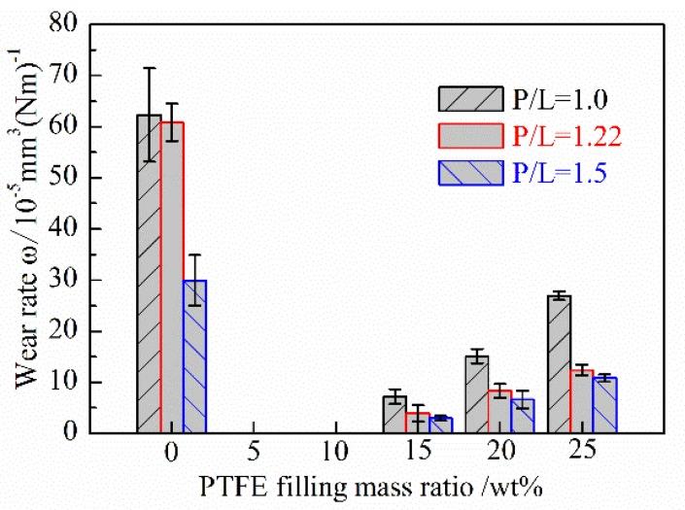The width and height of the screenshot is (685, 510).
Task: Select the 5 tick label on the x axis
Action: point(254,453)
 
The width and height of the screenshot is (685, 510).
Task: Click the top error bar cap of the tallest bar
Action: point(149,68)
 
